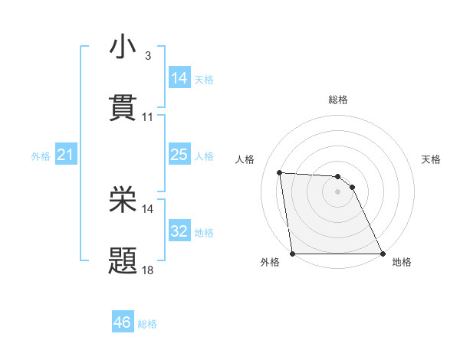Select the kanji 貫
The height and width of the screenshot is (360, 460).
123,108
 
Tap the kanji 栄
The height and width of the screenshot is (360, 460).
123,200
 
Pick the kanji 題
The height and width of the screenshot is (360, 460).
123,261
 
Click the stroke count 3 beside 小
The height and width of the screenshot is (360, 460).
147,56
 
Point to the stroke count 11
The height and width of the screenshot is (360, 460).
148,117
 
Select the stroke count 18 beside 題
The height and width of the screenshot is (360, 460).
148,270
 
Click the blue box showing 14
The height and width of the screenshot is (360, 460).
179,78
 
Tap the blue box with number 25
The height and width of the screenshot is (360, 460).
179,155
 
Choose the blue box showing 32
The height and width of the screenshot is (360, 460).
179,231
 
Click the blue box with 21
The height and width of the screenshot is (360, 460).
66,155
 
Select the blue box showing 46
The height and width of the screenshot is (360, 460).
123,322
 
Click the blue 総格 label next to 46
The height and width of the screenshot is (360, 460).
147,324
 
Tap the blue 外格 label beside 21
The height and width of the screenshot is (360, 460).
41,156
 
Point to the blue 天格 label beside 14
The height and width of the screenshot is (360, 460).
204,80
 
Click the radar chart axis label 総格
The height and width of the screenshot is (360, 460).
338,100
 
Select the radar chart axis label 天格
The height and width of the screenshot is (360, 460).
432,159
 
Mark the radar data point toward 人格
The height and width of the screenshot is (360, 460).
280,172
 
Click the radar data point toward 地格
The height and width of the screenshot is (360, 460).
382,254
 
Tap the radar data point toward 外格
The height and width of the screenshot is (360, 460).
293,254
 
